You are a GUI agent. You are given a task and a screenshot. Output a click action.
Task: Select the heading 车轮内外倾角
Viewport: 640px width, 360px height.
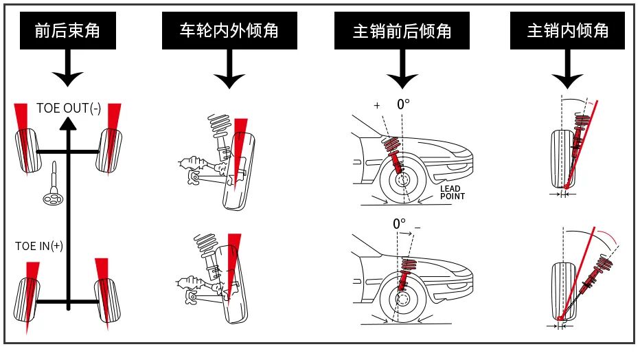tap(229, 30)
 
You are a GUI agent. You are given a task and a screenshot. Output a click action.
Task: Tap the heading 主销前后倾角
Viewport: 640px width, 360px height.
tap(402, 30)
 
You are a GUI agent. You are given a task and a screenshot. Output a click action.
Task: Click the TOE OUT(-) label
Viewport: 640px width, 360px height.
tap(67, 109)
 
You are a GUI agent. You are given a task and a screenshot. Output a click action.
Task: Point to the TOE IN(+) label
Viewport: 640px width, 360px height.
tap(39, 246)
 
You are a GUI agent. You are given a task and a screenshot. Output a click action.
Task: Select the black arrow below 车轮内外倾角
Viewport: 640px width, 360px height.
tap(229, 71)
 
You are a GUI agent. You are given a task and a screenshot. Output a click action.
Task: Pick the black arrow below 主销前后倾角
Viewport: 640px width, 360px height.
tap(402, 71)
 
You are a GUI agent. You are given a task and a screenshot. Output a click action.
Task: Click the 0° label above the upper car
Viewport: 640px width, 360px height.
tap(403, 105)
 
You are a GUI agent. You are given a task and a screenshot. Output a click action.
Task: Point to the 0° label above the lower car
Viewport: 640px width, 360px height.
tap(400, 224)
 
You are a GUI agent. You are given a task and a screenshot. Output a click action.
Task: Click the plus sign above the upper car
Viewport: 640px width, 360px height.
tap(376, 105)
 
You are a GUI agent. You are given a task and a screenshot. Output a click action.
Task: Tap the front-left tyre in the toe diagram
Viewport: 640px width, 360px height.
tap(25, 150)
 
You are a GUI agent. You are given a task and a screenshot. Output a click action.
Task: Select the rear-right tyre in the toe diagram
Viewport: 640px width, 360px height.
tap(108, 300)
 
